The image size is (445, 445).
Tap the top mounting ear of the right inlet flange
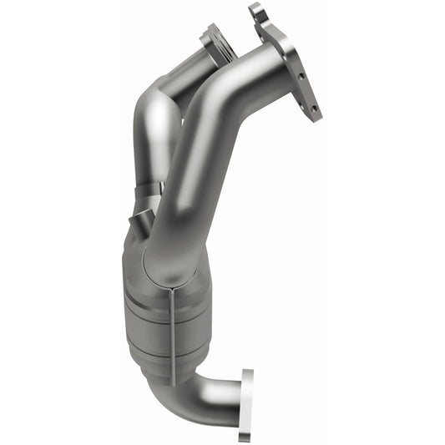257,12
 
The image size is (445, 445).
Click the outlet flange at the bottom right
246,404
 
